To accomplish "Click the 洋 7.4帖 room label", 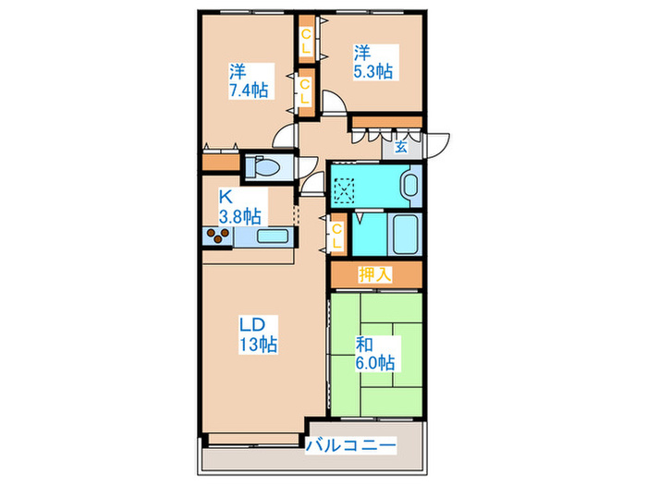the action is click(249, 81).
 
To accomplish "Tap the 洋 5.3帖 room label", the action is click(373, 62).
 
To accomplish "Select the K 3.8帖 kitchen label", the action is click(239, 207).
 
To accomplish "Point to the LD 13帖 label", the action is click(258, 334).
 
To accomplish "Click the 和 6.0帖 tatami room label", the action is click(375, 354).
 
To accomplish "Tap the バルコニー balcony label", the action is click(350, 445).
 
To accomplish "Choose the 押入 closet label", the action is click(374, 274).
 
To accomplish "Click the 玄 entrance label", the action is click(400, 147).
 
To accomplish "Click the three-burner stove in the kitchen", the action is click(218, 236).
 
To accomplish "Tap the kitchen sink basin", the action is click(273, 236).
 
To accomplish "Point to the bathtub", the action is click(405, 235).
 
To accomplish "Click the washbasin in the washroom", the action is click(411, 185).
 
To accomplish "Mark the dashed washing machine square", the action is click(344, 189).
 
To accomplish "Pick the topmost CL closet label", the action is click(306, 41).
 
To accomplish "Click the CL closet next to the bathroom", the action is click(336, 236).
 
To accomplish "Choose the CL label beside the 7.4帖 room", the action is click(305, 91).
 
